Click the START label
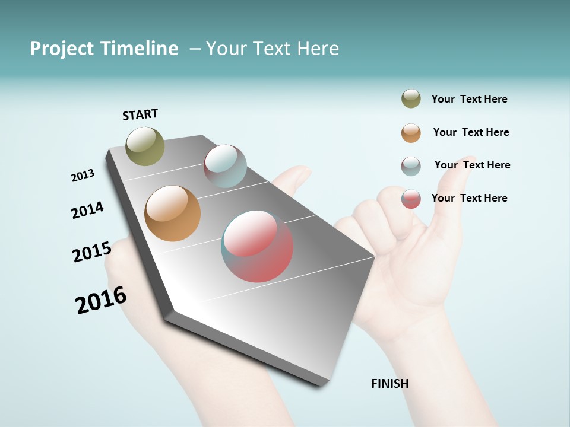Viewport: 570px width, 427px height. coord(140,114)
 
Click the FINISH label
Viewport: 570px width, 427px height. coord(389,384)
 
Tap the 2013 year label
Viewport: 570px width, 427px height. coord(83,176)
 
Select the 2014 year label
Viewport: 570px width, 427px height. coord(87,210)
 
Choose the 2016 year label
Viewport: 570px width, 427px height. coord(101,300)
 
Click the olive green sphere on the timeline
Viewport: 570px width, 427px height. coord(145,146)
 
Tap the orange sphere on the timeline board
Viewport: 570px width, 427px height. coord(172,213)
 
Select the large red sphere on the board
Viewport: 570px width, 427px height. coord(257,246)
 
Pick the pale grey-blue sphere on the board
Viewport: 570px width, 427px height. coord(225,165)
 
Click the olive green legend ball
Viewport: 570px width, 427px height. coord(411,98)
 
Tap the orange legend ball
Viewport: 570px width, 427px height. coord(411,133)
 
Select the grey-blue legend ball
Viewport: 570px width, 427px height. coord(411,166)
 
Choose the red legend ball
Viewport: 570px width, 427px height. coord(411,199)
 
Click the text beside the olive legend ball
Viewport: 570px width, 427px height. coord(469,99)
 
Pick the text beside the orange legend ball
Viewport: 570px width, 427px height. coord(471,132)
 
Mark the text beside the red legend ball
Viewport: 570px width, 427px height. coord(469,198)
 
